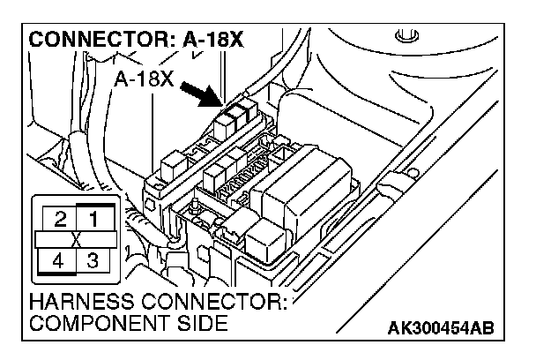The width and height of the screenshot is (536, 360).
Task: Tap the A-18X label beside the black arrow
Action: click(144, 79)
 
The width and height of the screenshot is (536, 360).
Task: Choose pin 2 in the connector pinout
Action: click(59, 217)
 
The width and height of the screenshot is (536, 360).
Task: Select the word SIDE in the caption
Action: click(196, 323)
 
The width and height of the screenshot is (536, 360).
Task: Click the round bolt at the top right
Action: click(406, 38)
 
